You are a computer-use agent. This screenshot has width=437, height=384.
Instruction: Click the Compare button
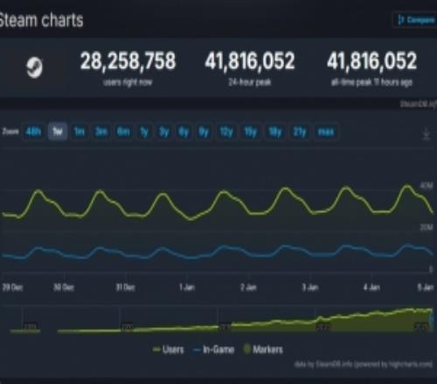(x=413, y=18)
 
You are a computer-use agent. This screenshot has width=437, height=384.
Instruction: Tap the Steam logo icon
(x=33, y=68)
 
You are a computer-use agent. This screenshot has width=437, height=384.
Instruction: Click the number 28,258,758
(x=128, y=61)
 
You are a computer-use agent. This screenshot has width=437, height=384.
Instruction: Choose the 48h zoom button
(x=35, y=132)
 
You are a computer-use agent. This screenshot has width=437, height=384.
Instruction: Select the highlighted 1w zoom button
(x=58, y=132)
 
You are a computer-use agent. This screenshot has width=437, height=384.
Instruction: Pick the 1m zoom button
(x=80, y=132)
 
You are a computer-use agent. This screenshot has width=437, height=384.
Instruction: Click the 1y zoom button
(x=143, y=132)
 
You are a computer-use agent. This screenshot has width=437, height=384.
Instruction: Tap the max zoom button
(x=325, y=132)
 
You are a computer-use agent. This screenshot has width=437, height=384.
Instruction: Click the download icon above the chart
(x=426, y=134)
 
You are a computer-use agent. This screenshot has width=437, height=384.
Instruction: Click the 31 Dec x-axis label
(x=125, y=286)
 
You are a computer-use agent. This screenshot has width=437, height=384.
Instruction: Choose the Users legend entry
(x=169, y=348)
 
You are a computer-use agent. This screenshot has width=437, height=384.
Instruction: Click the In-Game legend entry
(x=218, y=348)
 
